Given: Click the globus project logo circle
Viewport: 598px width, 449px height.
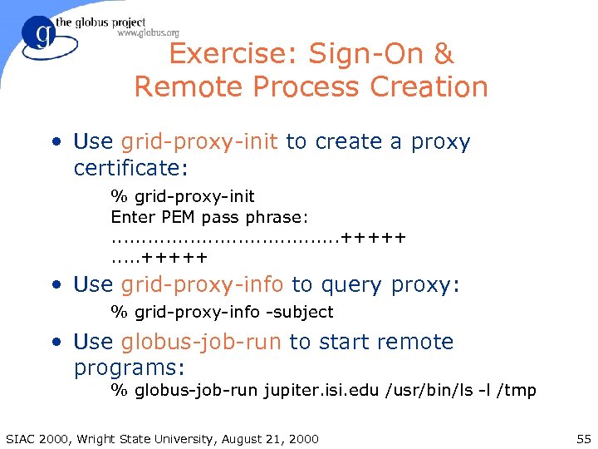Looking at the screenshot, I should click(x=38, y=34).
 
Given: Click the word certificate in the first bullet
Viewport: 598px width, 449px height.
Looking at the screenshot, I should click(x=130, y=168).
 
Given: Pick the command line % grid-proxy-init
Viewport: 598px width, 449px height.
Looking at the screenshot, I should click(x=183, y=197).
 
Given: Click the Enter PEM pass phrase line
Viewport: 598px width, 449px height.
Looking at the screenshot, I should click(x=209, y=217).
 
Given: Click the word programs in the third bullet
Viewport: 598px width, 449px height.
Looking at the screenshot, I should click(x=130, y=368).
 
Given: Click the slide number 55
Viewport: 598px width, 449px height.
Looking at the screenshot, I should click(x=582, y=438).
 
